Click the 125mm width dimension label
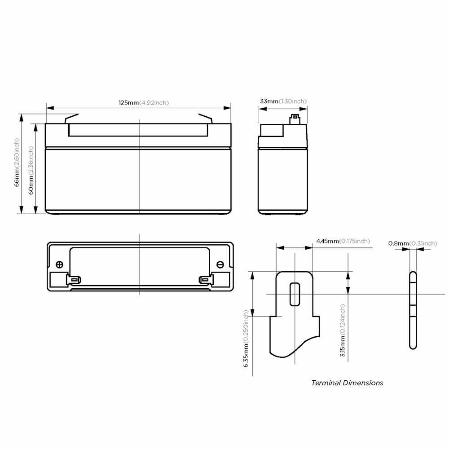144,102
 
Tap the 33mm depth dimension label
283,101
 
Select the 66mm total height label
17,163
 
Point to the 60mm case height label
31,170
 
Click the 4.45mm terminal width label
343,241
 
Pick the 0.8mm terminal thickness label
413,243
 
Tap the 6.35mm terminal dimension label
246,339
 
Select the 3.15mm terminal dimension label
343,330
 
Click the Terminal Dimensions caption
347,383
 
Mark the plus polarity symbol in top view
59,264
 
